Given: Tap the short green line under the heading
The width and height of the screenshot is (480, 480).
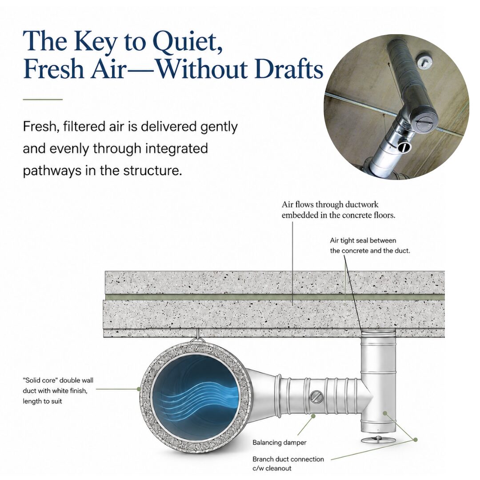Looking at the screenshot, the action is click(43, 100).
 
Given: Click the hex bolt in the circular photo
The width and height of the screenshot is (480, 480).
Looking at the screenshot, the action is click(424, 62).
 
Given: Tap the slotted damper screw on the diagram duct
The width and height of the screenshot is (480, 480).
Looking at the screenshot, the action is click(316, 397).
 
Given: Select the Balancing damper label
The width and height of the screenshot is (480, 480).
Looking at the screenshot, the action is click(279, 442).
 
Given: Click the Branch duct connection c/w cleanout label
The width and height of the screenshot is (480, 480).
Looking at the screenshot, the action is click(288, 464).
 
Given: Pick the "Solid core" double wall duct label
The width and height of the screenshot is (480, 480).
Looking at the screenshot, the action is click(58, 391).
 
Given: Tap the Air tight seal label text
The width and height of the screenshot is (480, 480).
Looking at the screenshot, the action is click(370, 245).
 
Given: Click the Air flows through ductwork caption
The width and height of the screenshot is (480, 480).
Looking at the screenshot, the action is click(338, 210).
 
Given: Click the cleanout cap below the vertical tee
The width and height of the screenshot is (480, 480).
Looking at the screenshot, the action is click(378, 440).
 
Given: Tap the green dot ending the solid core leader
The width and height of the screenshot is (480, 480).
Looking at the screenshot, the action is click(139, 389).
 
